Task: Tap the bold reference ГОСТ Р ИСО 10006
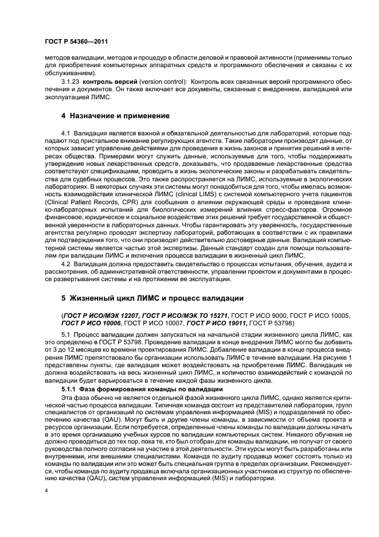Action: (95, 324)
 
